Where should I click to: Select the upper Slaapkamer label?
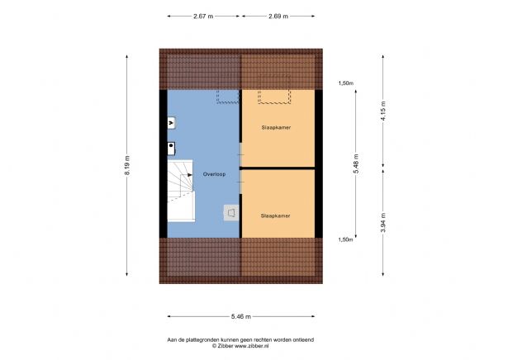click(x=277, y=128)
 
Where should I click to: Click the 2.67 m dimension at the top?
click(x=204, y=16)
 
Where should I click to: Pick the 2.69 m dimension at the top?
click(x=278, y=16)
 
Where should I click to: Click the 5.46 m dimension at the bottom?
click(x=240, y=316)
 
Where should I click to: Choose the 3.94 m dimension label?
click(x=383, y=222)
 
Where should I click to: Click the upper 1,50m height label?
click(x=345, y=83)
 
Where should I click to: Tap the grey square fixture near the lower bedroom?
click(x=230, y=213)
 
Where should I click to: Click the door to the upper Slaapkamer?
click(x=240, y=152)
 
